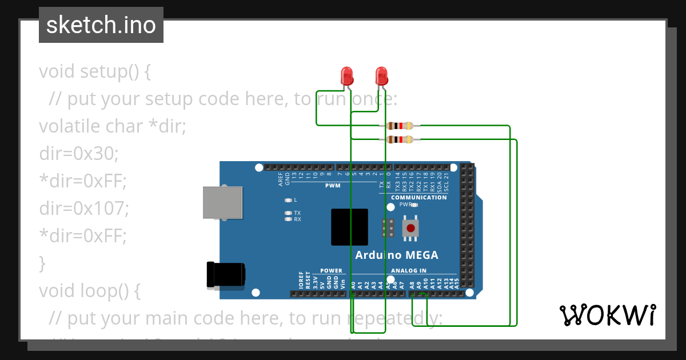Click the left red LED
(x=346, y=75)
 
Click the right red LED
(x=381, y=75)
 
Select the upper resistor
(x=400, y=126)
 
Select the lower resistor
(x=400, y=139)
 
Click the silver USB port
(x=222, y=202)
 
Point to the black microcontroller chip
(x=349, y=227)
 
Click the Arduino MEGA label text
(x=397, y=255)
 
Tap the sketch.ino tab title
(x=101, y=25)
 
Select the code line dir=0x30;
(x=79, y=154)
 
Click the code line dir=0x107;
(x=84, y=209)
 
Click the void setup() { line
(x=95, y=71)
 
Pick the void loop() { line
(x=90, y=291)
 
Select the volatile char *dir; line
(x=113, y=126)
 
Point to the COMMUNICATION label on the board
(x=419, y=198)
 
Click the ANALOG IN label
(x=409, y=271)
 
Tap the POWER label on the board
(x=331, y=271)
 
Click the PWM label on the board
(x=333, y=186)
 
